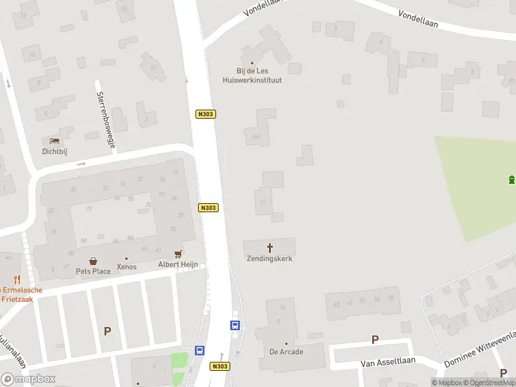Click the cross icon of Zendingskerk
(x=270, y=248)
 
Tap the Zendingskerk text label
(x=270, y=259)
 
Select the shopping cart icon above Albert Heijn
(x=178, y=254)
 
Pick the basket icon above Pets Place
(x=94, y=261)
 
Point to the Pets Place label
(x=93, y=271)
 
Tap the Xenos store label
(x=126, y=266)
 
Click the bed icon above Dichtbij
(x=55, y=141)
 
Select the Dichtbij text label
(x=55, y=152)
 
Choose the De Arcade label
(x=286, y=352)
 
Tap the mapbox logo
(x=28, y=379)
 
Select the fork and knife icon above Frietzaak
(x=17, y=280)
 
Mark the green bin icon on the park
(x=511, y=179)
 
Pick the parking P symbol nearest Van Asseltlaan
(x=375, y=339)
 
